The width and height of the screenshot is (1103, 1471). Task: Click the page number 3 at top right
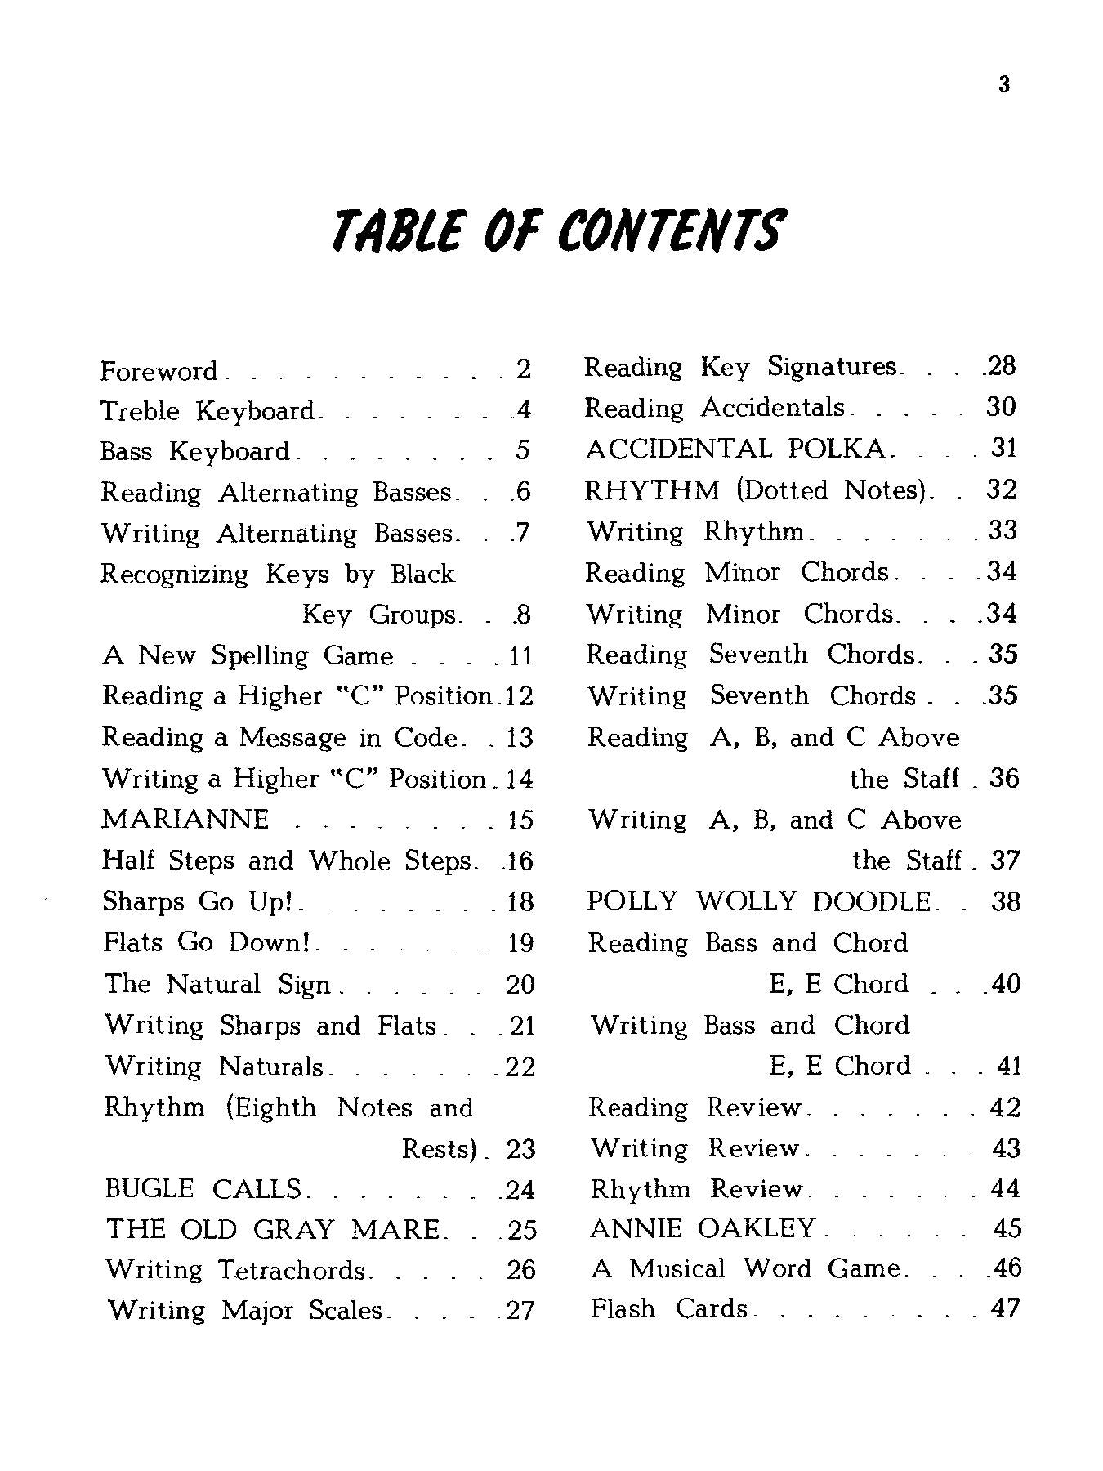click(1004, 85)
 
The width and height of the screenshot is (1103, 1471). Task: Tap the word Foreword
click(159, 371)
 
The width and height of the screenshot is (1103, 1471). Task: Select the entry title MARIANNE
click(185, 819)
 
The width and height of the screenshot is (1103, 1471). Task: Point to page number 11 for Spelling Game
click(520, 655)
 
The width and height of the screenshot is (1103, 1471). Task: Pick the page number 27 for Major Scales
click(520, 1310)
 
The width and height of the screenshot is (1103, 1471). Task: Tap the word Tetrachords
click(292, 1270)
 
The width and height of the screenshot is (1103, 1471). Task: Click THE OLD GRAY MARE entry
click(274, 1229)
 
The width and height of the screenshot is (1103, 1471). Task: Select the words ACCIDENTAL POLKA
click(735, 449)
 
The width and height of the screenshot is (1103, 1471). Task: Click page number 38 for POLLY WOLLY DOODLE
click(1004, 901)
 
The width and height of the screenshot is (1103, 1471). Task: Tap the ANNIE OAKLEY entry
click(703, 1227)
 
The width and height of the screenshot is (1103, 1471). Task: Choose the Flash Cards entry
click(668, 1308)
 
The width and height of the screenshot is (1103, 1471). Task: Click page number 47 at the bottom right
click(1005, 1308)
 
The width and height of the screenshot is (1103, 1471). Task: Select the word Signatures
click(832, 367)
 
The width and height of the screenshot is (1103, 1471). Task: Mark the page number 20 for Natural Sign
click(520, 984)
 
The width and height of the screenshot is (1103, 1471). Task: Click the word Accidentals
click(773, 408)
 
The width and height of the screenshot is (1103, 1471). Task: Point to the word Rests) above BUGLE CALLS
click(439, 1148)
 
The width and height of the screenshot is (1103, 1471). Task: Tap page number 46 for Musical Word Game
click(1005, 1268)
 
